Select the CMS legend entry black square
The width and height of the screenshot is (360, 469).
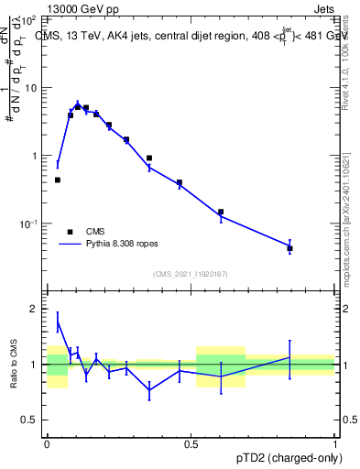[x=70, y=232]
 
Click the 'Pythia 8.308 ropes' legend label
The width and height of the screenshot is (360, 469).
[x=124, y=245]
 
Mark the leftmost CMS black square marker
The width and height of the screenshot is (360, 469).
[x=58, y=180]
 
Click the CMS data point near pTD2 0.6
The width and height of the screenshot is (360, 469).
[x=221, y=212]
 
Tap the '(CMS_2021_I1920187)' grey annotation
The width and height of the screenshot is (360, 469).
[x=191, y=274]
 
